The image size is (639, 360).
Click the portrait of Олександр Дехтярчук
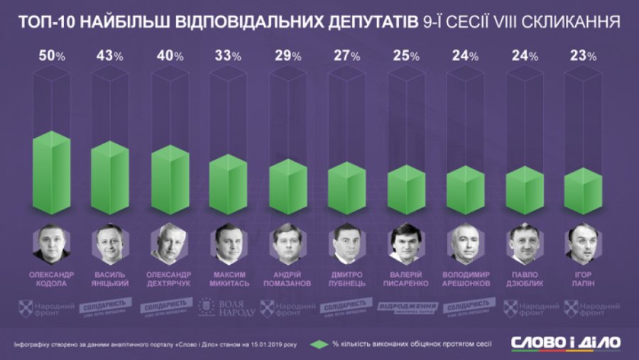[170, 244]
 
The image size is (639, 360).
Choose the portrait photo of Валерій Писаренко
[405, 244]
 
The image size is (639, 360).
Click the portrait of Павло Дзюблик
[523, 244]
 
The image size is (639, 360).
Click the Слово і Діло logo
[566, 342]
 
